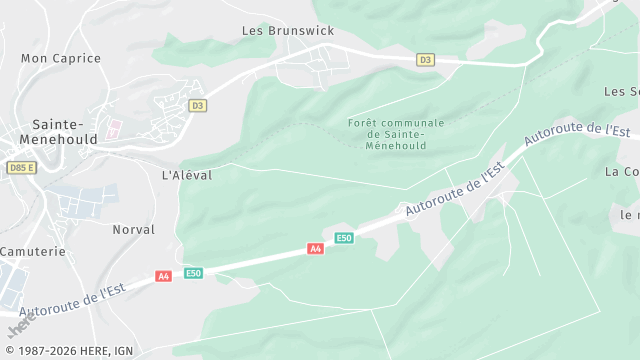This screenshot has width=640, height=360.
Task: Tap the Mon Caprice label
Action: point(61,58)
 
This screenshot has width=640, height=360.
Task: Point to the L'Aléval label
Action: point(187,174)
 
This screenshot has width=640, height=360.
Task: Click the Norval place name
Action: point(133,229)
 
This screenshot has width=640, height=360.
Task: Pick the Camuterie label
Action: point(33,251)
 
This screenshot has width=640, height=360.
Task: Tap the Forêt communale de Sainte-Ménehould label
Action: point(396,134)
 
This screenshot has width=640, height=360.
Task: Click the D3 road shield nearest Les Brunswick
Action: point(426,60)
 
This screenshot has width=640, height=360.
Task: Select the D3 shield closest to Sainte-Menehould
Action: point(197,105)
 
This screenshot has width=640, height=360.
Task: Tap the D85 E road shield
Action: point(20,167)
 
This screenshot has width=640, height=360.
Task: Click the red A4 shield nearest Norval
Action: point(163,276)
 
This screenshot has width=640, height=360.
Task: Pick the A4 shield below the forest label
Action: point(316,249)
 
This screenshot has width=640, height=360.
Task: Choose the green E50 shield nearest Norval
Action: point(193,273)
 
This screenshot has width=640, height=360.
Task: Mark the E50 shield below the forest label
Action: point(344,237)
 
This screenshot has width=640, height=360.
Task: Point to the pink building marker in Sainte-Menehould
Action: point(113,128)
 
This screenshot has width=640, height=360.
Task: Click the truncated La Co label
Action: point(622,171)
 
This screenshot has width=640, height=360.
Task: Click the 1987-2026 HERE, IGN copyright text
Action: point(70,351)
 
